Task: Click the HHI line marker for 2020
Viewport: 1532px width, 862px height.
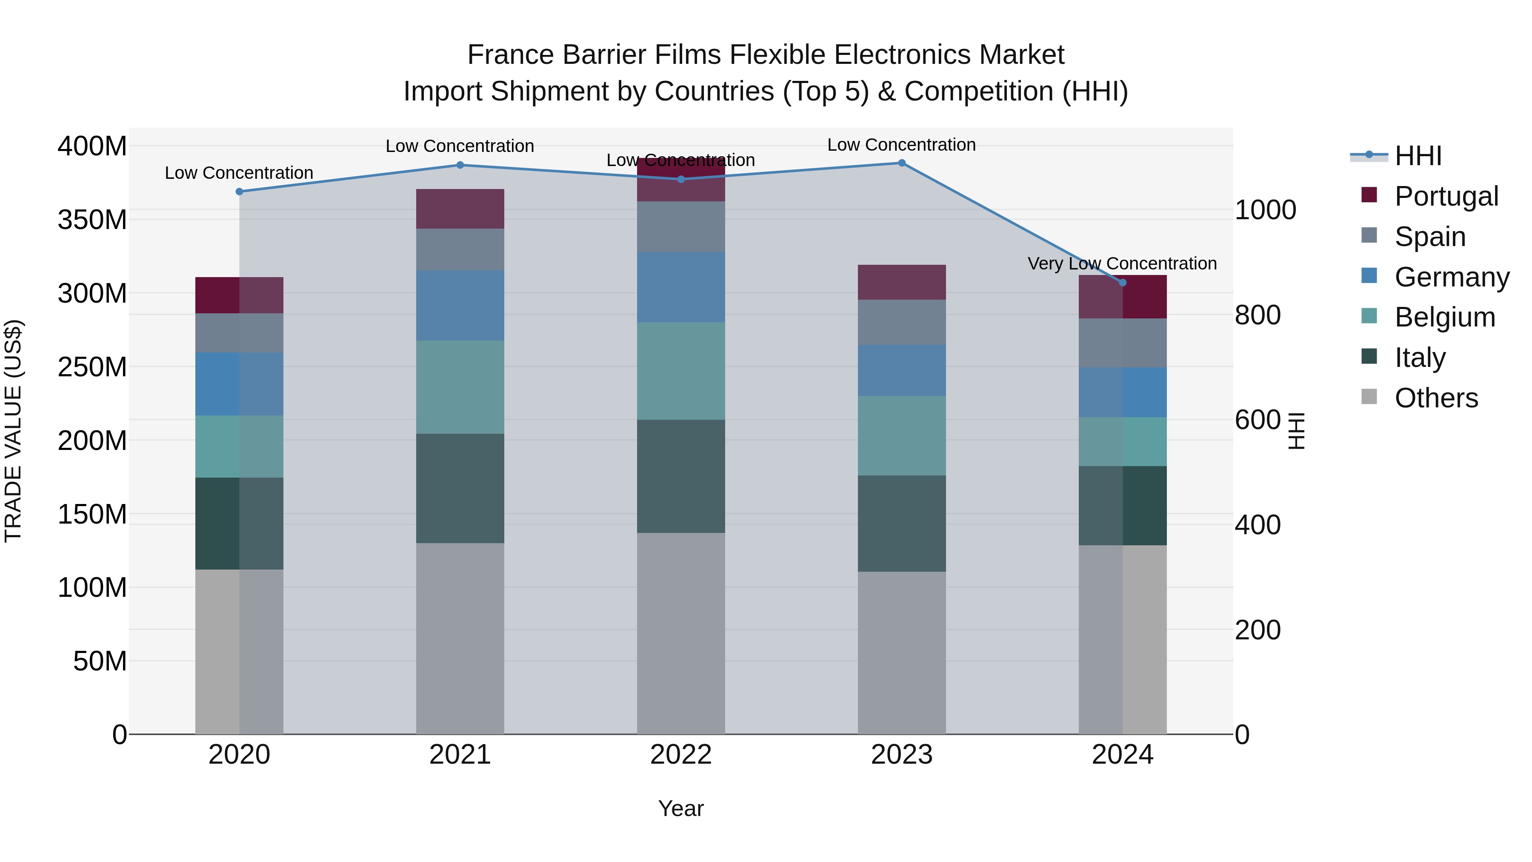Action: pyautogui.click(x=239, y=192)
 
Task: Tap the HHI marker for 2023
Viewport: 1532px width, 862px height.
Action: pyautogui.click(x=902, y=163)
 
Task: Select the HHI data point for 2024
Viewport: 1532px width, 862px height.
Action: pyautogui.click(x=1122, y=283)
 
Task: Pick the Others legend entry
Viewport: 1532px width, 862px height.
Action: pyautogui.click(x=1436, y=398)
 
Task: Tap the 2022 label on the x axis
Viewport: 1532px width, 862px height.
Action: pyautogui.click(x=680, y=755)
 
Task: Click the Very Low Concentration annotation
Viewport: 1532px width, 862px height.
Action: pyautogui.click(x=1122, y=263)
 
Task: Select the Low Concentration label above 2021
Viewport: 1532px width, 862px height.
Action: pyautogui.click(x=459, y=146)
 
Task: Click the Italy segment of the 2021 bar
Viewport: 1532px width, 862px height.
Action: pyautogui.click(x=460, y=488)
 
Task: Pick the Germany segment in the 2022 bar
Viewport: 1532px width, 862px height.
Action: pyautogui.click(x=680, y=287)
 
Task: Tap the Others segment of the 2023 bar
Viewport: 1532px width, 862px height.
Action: pyautogui.click(x=902, y=652)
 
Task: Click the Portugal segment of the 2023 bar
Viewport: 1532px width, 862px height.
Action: pyautogui.click(x=902, y=282)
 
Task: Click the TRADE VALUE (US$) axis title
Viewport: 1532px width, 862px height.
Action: pyautogui.click(x=13, y=431)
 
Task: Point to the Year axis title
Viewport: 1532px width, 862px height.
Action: pyautogui.click(x=680, y=808)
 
